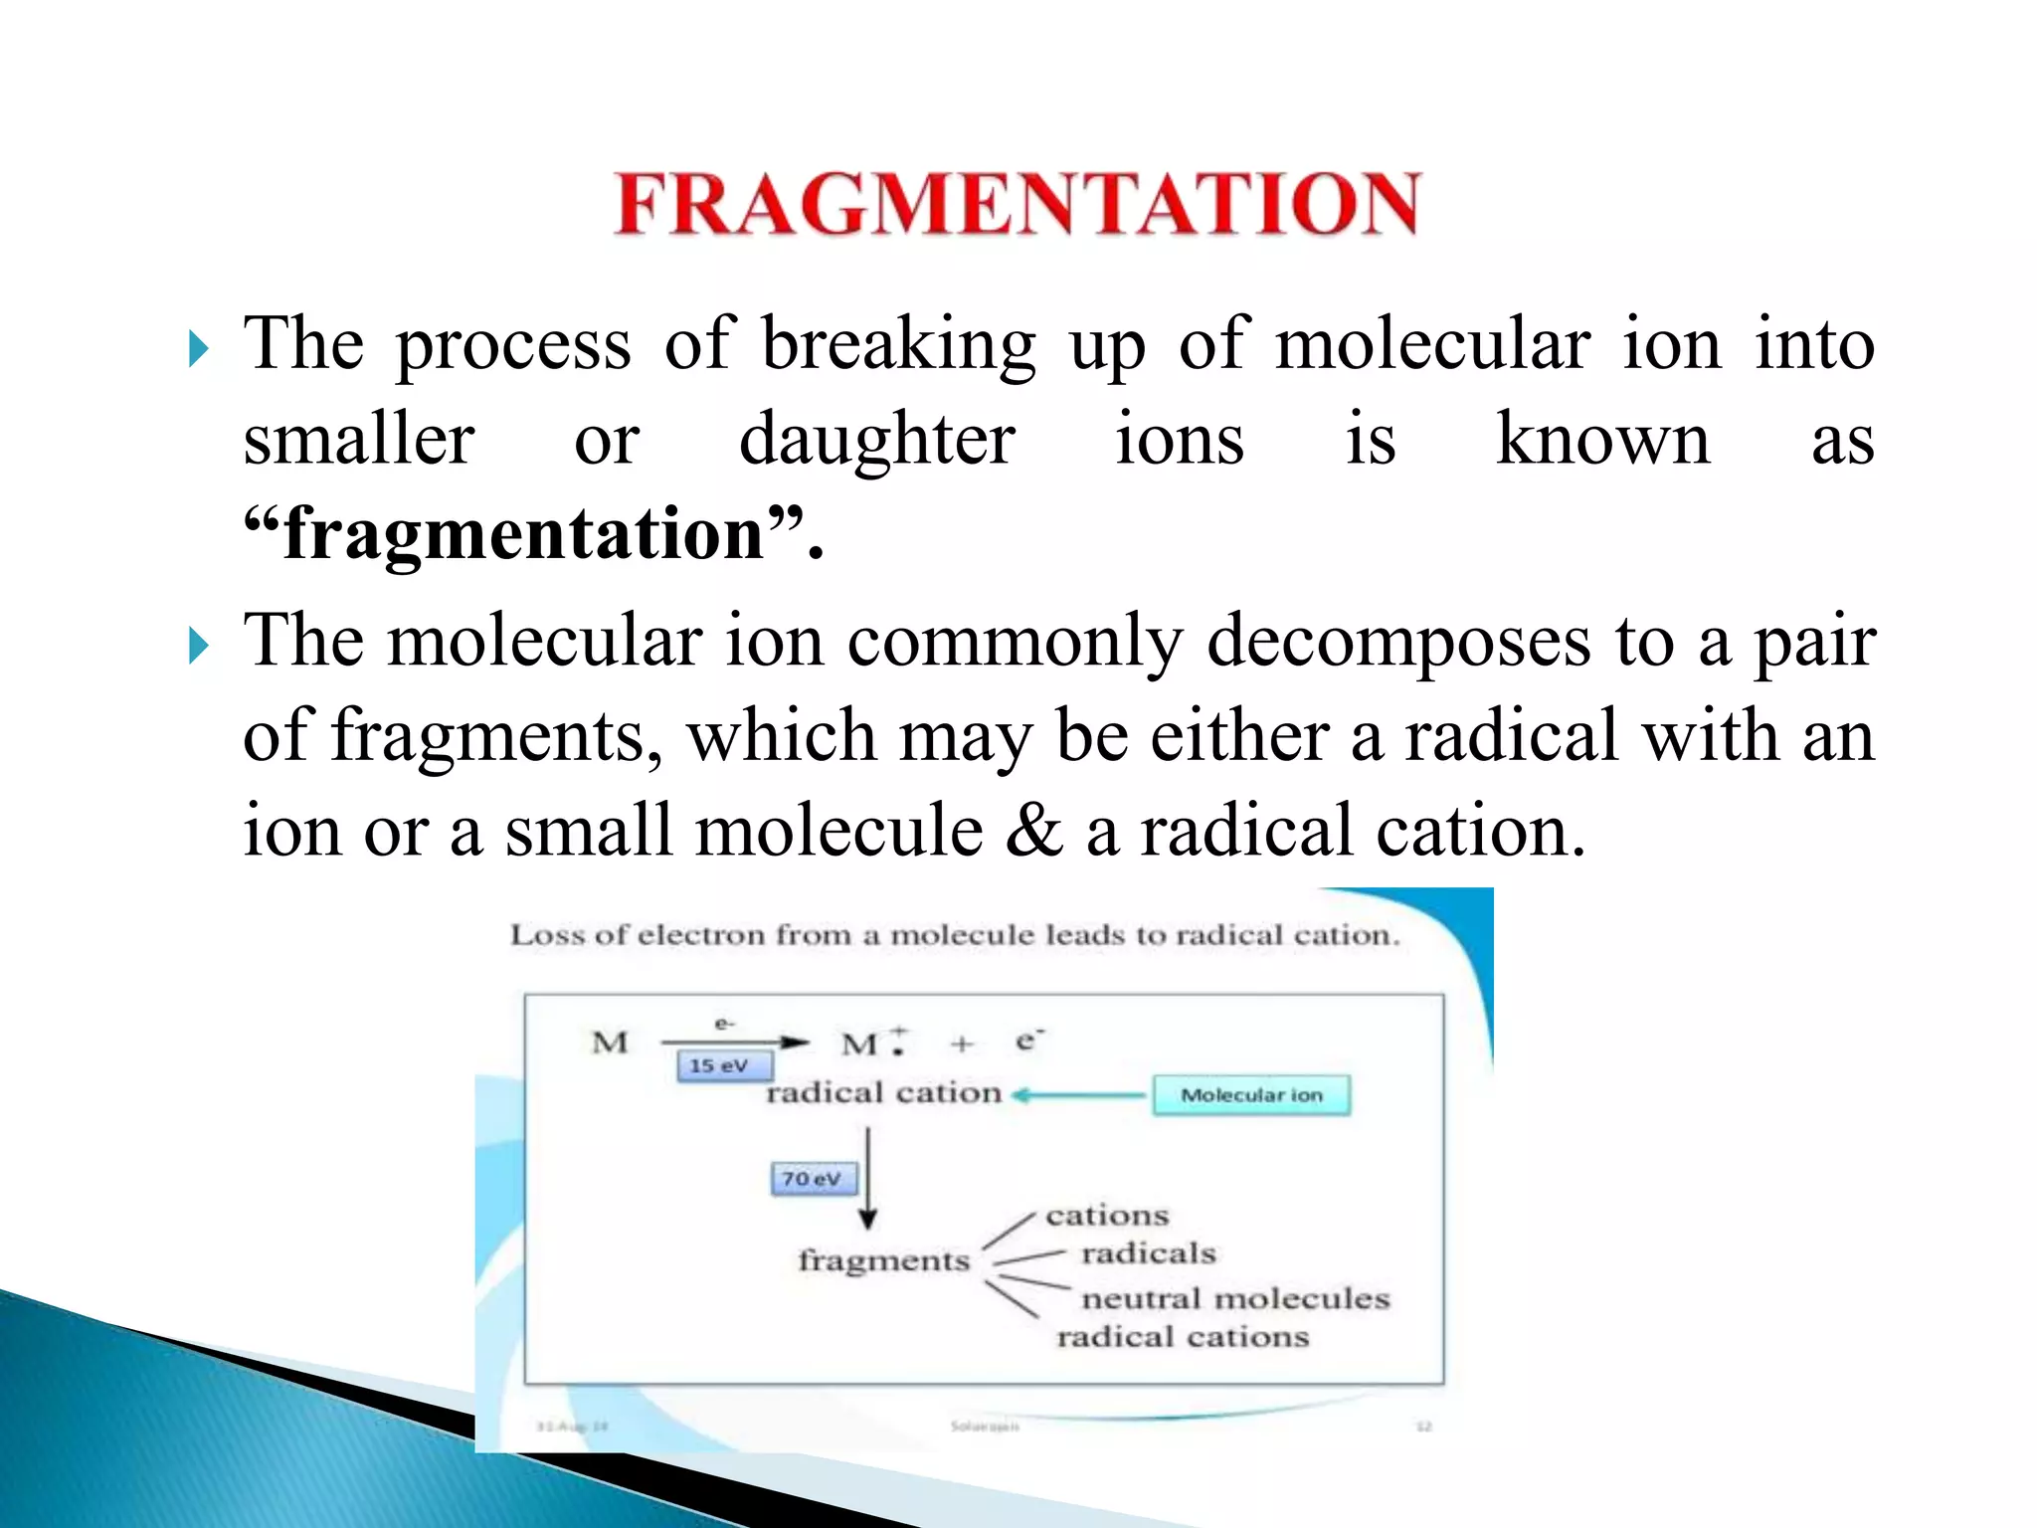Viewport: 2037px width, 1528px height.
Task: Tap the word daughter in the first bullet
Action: point(877,439)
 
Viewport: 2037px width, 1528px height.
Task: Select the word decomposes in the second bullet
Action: point(1397,640)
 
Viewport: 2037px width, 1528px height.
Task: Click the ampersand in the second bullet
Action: point(1034,830)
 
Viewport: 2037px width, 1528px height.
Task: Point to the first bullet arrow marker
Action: point(199,349)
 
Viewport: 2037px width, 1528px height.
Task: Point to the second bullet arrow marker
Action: point(199,647)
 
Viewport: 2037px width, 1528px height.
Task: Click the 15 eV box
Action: point(723,1066)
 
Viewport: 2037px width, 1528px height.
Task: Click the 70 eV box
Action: point(813,1180)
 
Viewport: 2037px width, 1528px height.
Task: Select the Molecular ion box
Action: point(1251,1095)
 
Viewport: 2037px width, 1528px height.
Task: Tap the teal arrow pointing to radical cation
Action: point(1079,1095)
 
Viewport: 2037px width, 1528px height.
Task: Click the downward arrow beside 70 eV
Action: point(868,1179)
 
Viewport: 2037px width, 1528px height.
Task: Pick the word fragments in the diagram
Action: point(883,1261)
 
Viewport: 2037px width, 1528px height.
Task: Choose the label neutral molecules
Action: point(1235,1299)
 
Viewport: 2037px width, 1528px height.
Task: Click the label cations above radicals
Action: point(1107,1216)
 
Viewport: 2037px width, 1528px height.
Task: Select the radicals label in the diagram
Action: point(1149,1253)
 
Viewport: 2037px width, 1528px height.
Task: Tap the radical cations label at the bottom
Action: point(1183,1337)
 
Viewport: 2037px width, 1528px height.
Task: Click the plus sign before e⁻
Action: point(962,1044)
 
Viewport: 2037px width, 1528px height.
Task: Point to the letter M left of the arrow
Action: point(610,1043)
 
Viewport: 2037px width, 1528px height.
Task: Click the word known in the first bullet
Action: point(1602,439)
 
